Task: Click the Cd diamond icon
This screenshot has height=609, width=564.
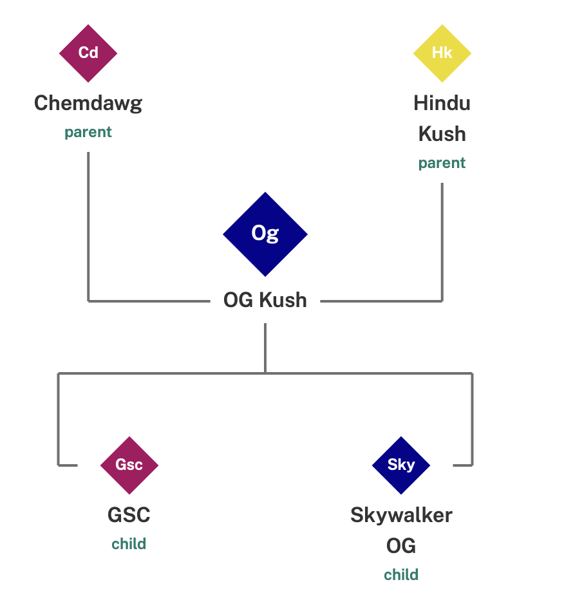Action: click(88, 53)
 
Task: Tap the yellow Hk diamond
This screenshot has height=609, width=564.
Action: click(442, 53)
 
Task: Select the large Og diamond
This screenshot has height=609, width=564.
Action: click(265, 234)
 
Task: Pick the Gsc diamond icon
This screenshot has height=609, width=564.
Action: click(129, 465)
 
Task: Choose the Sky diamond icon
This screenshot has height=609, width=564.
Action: click(401, 465)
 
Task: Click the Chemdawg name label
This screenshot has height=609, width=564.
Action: click(88, 103)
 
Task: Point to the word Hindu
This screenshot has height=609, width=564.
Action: click(442, 103)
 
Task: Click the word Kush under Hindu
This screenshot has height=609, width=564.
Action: click(442, 134)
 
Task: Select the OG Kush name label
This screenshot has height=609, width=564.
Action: click(265, 300)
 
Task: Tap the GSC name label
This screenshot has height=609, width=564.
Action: click(129, 515)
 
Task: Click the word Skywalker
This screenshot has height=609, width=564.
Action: click(401, 515)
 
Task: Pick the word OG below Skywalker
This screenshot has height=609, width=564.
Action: click(401, 546)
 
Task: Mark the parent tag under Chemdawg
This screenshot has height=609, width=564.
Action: click(88, 133)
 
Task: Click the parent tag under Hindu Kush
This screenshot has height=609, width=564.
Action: click(442, 164)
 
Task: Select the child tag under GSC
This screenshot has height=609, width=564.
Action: click(129, 544)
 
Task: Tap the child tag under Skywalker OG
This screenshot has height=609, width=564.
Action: click(401, 575)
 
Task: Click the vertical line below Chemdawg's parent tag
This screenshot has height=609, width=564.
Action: click(88, 225)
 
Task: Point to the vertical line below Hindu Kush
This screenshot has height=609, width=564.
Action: click(442, 241)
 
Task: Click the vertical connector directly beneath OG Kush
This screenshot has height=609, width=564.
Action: click(265, 348)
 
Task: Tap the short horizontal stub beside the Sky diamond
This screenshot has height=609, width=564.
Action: click(462, 465)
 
